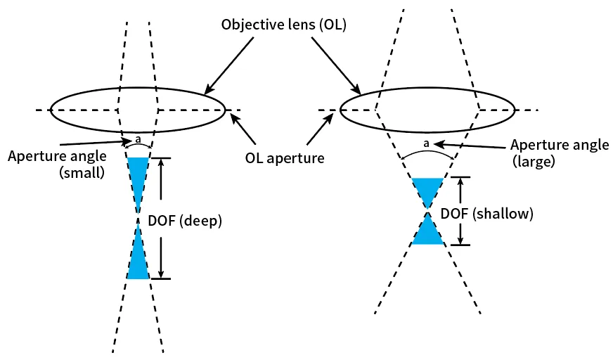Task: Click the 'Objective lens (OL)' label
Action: pyautogui.click(x=284, y=25)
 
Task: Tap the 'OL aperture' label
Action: pyautogui.click(x=285, y=158)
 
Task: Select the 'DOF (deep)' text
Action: pyautogui.click(x=185, y=221)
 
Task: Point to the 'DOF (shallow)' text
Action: pyautogui.click(x=486, y=214)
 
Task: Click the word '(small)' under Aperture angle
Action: pyautogui.click(x=82, y=172)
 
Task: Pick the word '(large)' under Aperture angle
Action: pyautogui.click(x=534, y=161)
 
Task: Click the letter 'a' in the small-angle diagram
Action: pyautogui.click(x=138, y=139)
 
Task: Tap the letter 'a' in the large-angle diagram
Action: pyautogui.click(x=426, y=144)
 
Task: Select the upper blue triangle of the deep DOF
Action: pyautogui.click(x=138, y=176)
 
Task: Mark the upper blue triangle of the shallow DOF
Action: pyautogui.click(x=427, y=189)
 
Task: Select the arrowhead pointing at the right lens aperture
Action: pyautogui.click(x=329, y=117)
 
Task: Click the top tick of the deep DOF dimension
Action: pyautogui.click(x=161, y=158)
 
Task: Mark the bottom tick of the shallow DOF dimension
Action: pyautogui.click(x=460, y=245)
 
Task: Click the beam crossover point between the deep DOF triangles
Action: pyautogui.click(x=138, y=218)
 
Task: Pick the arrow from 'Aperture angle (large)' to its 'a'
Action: pyautogui.click(x=470, y=146)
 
